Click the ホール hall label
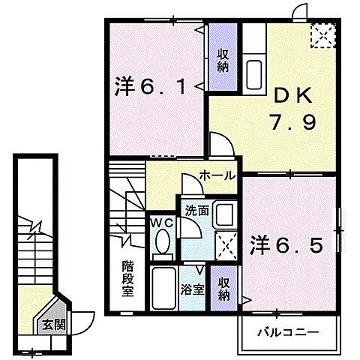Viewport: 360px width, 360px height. (217, 175)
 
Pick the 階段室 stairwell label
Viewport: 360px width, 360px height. (128, 278)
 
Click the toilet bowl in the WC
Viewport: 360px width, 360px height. (160, 242)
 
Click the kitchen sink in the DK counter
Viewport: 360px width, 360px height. (253, 73)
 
